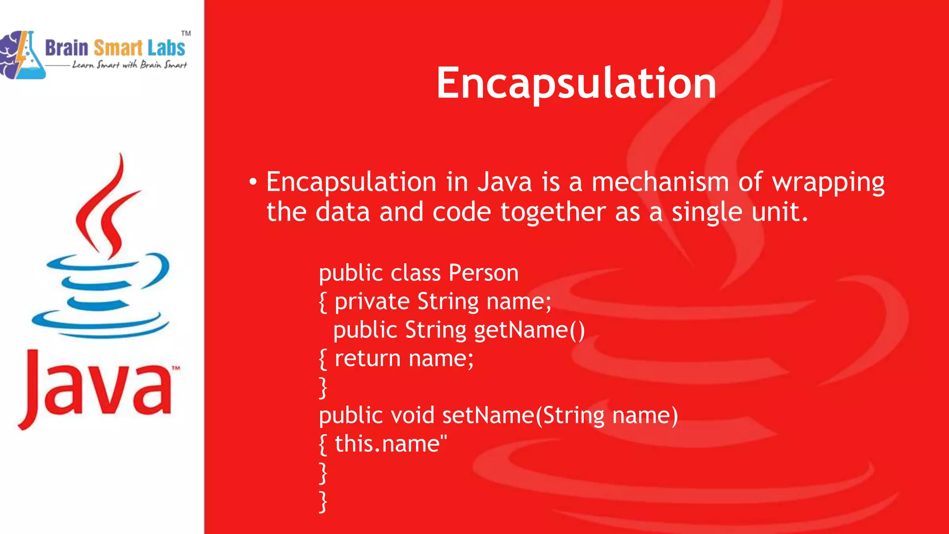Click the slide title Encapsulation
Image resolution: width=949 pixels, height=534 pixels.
[x=576, y=83]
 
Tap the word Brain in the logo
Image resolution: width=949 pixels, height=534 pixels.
[x=67, y=48]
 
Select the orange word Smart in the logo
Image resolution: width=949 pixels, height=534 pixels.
[x=118, y=48]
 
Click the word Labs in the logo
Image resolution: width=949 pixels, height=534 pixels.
[x=166, y=48]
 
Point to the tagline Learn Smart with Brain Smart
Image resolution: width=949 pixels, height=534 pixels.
[x=129, y=65]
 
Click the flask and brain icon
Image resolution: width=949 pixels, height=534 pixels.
[x=22, y=55]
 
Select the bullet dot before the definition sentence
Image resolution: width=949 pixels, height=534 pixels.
[x=253, y=182]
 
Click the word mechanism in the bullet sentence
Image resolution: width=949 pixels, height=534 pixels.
[x=660, y=182]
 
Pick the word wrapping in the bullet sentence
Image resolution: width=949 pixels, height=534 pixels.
[x=828, y=183]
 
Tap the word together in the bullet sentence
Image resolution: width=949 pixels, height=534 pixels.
[x=553, y=212]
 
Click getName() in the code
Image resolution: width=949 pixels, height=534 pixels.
[x=529, y=330]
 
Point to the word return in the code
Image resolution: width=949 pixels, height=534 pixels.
[x=367, y=358]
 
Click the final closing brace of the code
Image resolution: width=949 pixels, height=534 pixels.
[x=323, y=502]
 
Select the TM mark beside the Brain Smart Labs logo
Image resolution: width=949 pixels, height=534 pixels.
[x=186, y=33]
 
